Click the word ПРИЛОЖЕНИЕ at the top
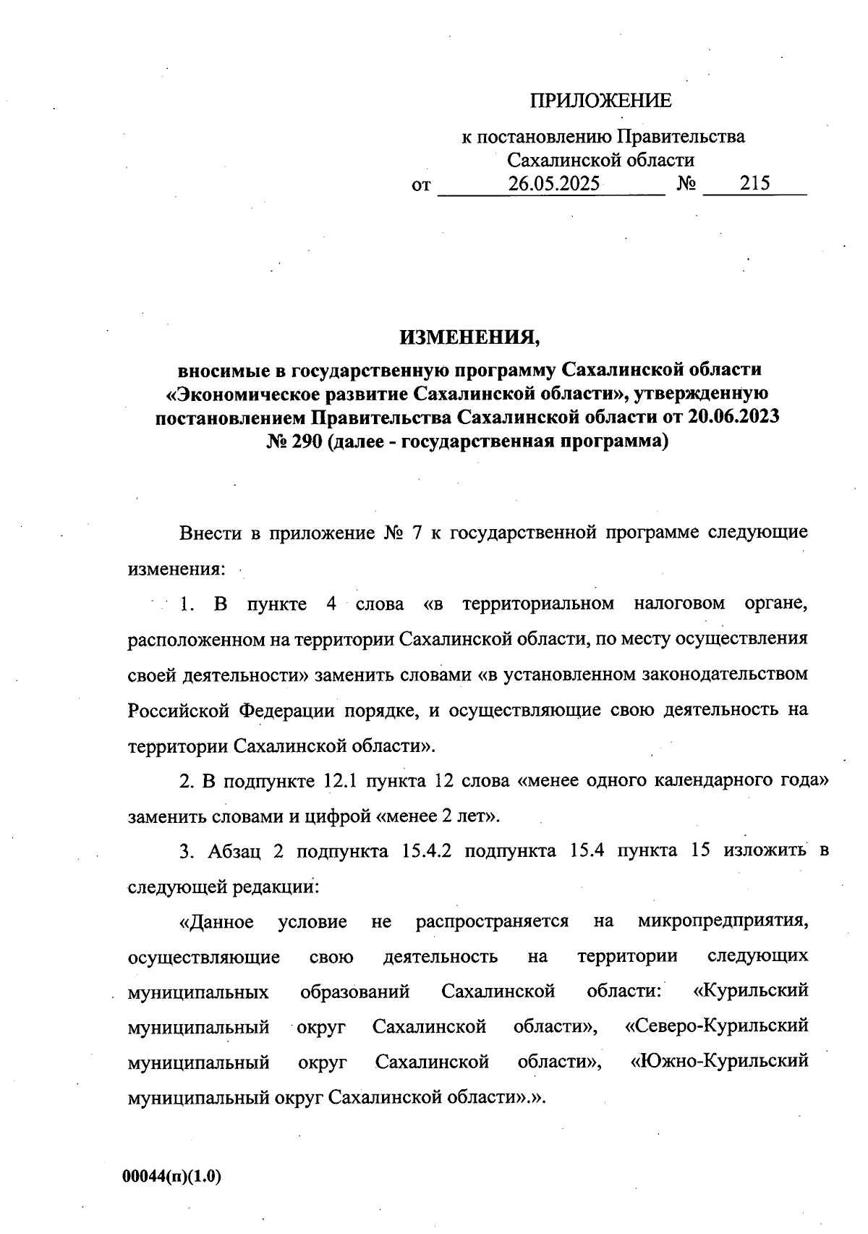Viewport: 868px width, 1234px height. coord(601,101)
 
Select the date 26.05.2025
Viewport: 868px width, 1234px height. coord(553,184)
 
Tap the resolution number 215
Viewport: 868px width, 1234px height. coord(754,184)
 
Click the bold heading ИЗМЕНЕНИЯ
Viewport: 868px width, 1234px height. coord(469,337)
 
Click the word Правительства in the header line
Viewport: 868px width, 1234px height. coord(681,137)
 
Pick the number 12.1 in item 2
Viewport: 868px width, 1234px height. coord(341,782)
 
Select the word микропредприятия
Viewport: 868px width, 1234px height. coord(723,921)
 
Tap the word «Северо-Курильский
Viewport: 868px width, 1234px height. coord(716,1026)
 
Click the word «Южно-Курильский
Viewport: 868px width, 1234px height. coord(719,1062)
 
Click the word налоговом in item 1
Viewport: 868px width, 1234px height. coord(680,604)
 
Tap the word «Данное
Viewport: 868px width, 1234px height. coord(216,921)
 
